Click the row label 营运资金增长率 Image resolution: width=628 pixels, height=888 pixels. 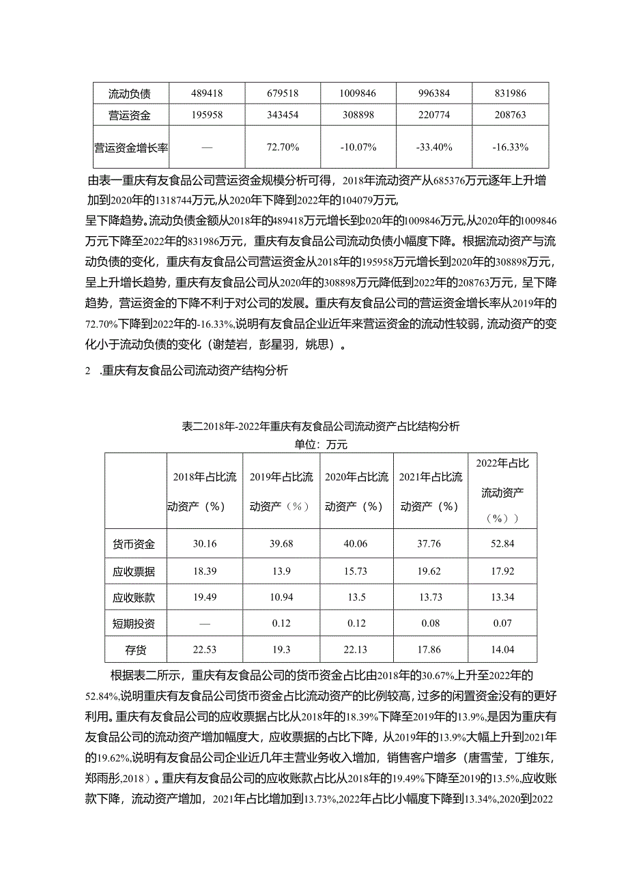click(x=132, y=147)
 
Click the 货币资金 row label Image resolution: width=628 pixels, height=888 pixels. click(x=134, y=545)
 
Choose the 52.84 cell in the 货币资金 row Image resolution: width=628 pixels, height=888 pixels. click(x=501, y=545)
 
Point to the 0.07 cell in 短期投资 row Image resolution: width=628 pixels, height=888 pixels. click(x=501, y=624)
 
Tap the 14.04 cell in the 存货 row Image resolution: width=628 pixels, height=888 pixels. click(x=501, y=650)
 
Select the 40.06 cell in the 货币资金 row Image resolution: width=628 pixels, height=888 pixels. click(x=356, y=545)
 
